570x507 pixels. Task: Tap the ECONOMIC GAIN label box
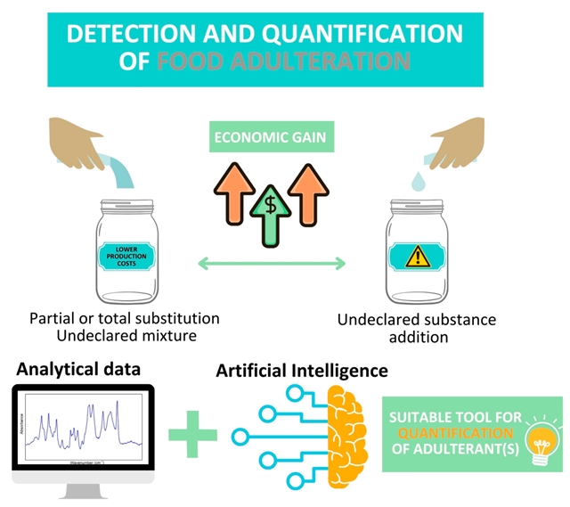(268, 140)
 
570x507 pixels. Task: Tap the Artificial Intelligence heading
(302, 369)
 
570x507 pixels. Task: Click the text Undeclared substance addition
(416, 328)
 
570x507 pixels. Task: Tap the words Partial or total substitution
(125, 318)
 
